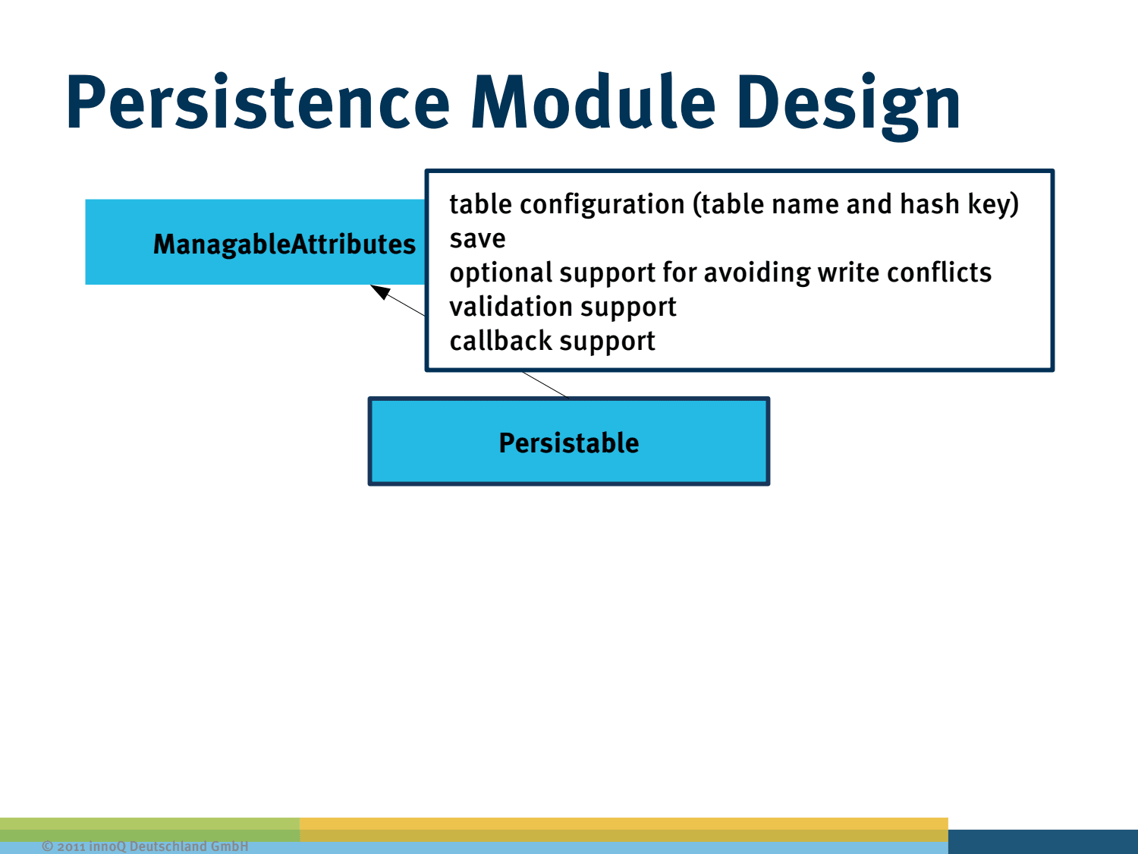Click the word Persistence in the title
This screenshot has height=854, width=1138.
coord(258,102)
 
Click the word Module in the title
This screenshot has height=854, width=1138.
coord(593,102)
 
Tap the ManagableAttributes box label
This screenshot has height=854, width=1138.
coord(284,244)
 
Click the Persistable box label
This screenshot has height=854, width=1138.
coord(569,443)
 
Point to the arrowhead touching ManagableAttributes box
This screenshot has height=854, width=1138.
coord(379,291)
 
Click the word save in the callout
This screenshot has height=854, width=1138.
coord(477,239)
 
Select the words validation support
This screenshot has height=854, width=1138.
coord(562,307)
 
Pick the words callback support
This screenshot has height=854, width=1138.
coord(552,342)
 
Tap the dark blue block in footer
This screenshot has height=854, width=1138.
coord(1042,841)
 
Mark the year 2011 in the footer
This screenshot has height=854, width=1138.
coord(71,846)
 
